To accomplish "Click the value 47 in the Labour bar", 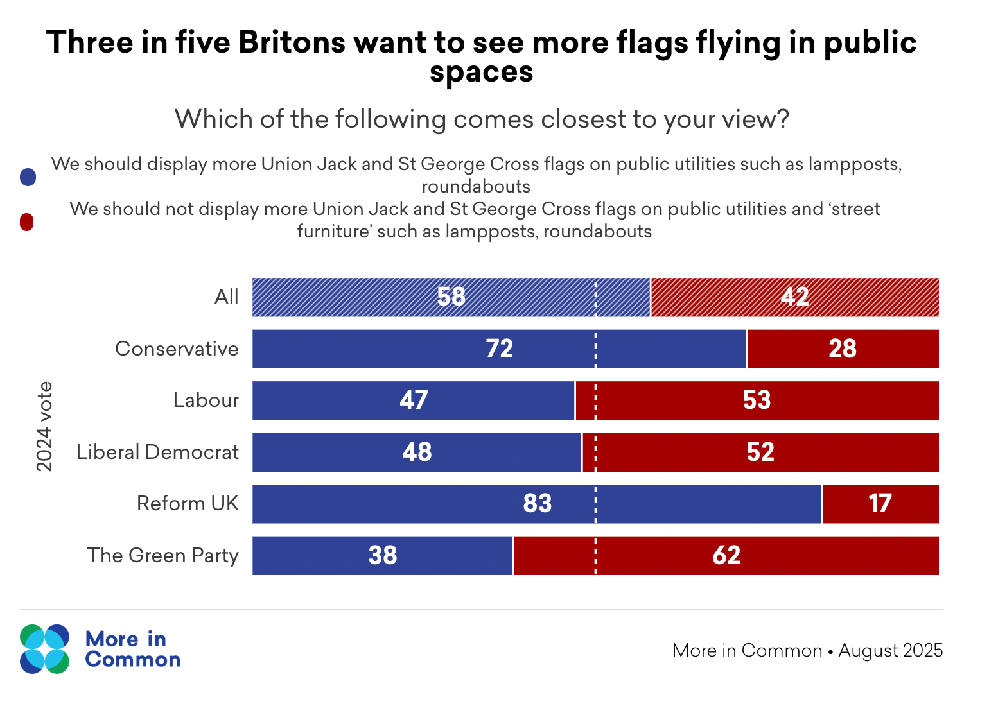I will [414, 400].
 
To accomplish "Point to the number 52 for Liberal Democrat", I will [760, 452].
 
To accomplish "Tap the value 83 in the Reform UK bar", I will [538, 504].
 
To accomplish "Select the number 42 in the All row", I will [795, 297].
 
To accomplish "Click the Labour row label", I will [206, 400].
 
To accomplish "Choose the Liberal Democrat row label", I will [157, 452].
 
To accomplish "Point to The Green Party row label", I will [162, 556].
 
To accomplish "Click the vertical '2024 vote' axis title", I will [44, 426].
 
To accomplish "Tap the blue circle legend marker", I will [28, 177].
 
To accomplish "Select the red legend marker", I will [27, 222].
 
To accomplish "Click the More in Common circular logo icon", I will [44, 649].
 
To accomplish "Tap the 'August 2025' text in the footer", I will [891, 651].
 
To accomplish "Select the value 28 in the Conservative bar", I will [843, 349].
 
